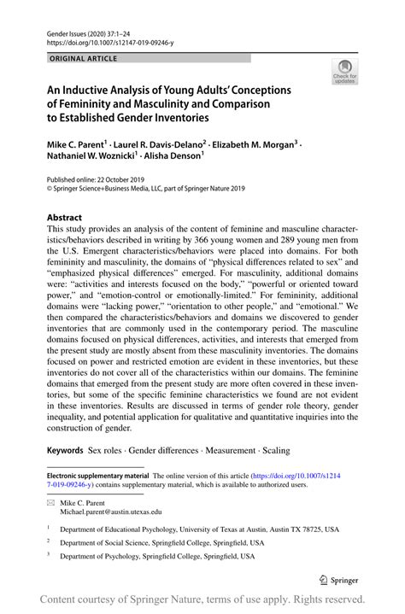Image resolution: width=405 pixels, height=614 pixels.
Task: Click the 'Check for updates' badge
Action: coord(344,73)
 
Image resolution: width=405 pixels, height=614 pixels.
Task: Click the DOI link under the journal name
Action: coord(111,40)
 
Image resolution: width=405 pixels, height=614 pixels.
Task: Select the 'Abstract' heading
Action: coord(65,217)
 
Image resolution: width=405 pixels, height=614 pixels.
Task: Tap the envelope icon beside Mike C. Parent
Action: coord(50,503)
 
